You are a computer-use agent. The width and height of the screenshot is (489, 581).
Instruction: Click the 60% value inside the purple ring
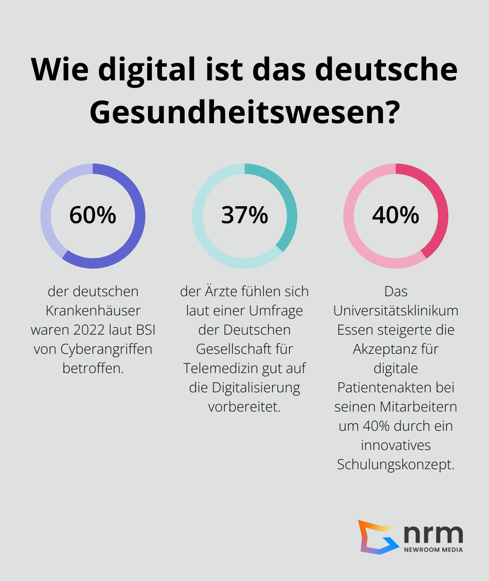pos(93,215)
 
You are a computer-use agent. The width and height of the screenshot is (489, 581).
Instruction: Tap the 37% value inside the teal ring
pos(244,215)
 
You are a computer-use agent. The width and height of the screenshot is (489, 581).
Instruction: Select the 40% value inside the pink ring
pos(396,215)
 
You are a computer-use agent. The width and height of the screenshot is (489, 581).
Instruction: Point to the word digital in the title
pos(147,70)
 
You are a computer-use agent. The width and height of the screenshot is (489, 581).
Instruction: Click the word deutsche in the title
pos(386,70)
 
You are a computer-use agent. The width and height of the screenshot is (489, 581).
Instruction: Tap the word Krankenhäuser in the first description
pos(93,311)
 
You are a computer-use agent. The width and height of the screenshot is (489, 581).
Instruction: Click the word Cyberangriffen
pos(106,349)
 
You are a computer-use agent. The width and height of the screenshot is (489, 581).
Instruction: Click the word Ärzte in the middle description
pos(221,291)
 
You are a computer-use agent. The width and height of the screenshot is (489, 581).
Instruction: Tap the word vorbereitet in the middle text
pos(244,407)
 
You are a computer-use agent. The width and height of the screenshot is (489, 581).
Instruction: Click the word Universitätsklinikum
pos(396,311)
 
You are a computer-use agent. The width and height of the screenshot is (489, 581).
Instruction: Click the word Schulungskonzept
pos(395,464)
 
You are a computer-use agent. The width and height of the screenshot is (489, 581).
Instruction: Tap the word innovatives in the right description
pos(396,445)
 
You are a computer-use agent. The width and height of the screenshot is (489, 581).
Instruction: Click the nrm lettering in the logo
pos(433,534)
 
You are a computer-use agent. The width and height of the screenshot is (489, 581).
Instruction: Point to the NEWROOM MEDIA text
pos(433,550)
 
